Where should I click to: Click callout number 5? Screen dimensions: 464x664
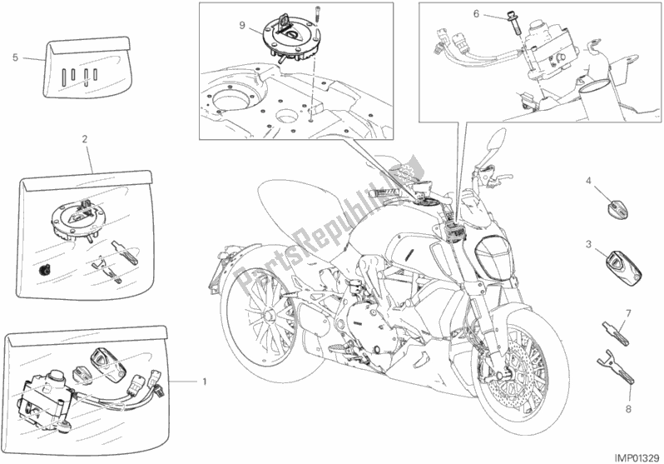(x=15, y=58)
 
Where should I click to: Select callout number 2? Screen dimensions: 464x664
(x=86, y=141)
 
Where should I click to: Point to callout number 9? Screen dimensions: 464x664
(x=241, y=25)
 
